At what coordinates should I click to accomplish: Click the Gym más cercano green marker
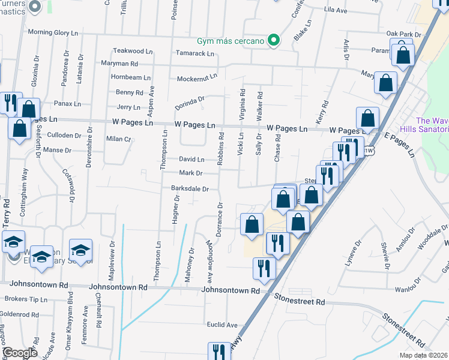[x=274, y=41]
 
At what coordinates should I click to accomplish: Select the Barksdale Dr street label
[x=190, y=188]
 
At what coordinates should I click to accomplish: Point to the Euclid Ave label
[x=223, y=325]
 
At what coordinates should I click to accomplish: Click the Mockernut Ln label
[x=197, y=79]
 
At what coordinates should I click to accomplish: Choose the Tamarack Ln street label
[x=194, y=53]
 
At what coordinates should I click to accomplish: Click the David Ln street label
[x=191, y=160]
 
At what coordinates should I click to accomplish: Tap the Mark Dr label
[x=191, y=173]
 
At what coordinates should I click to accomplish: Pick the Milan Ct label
[x=119, y=139]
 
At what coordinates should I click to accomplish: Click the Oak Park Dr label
[x=401, y=34]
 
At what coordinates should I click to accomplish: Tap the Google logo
[x=19, y=353]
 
